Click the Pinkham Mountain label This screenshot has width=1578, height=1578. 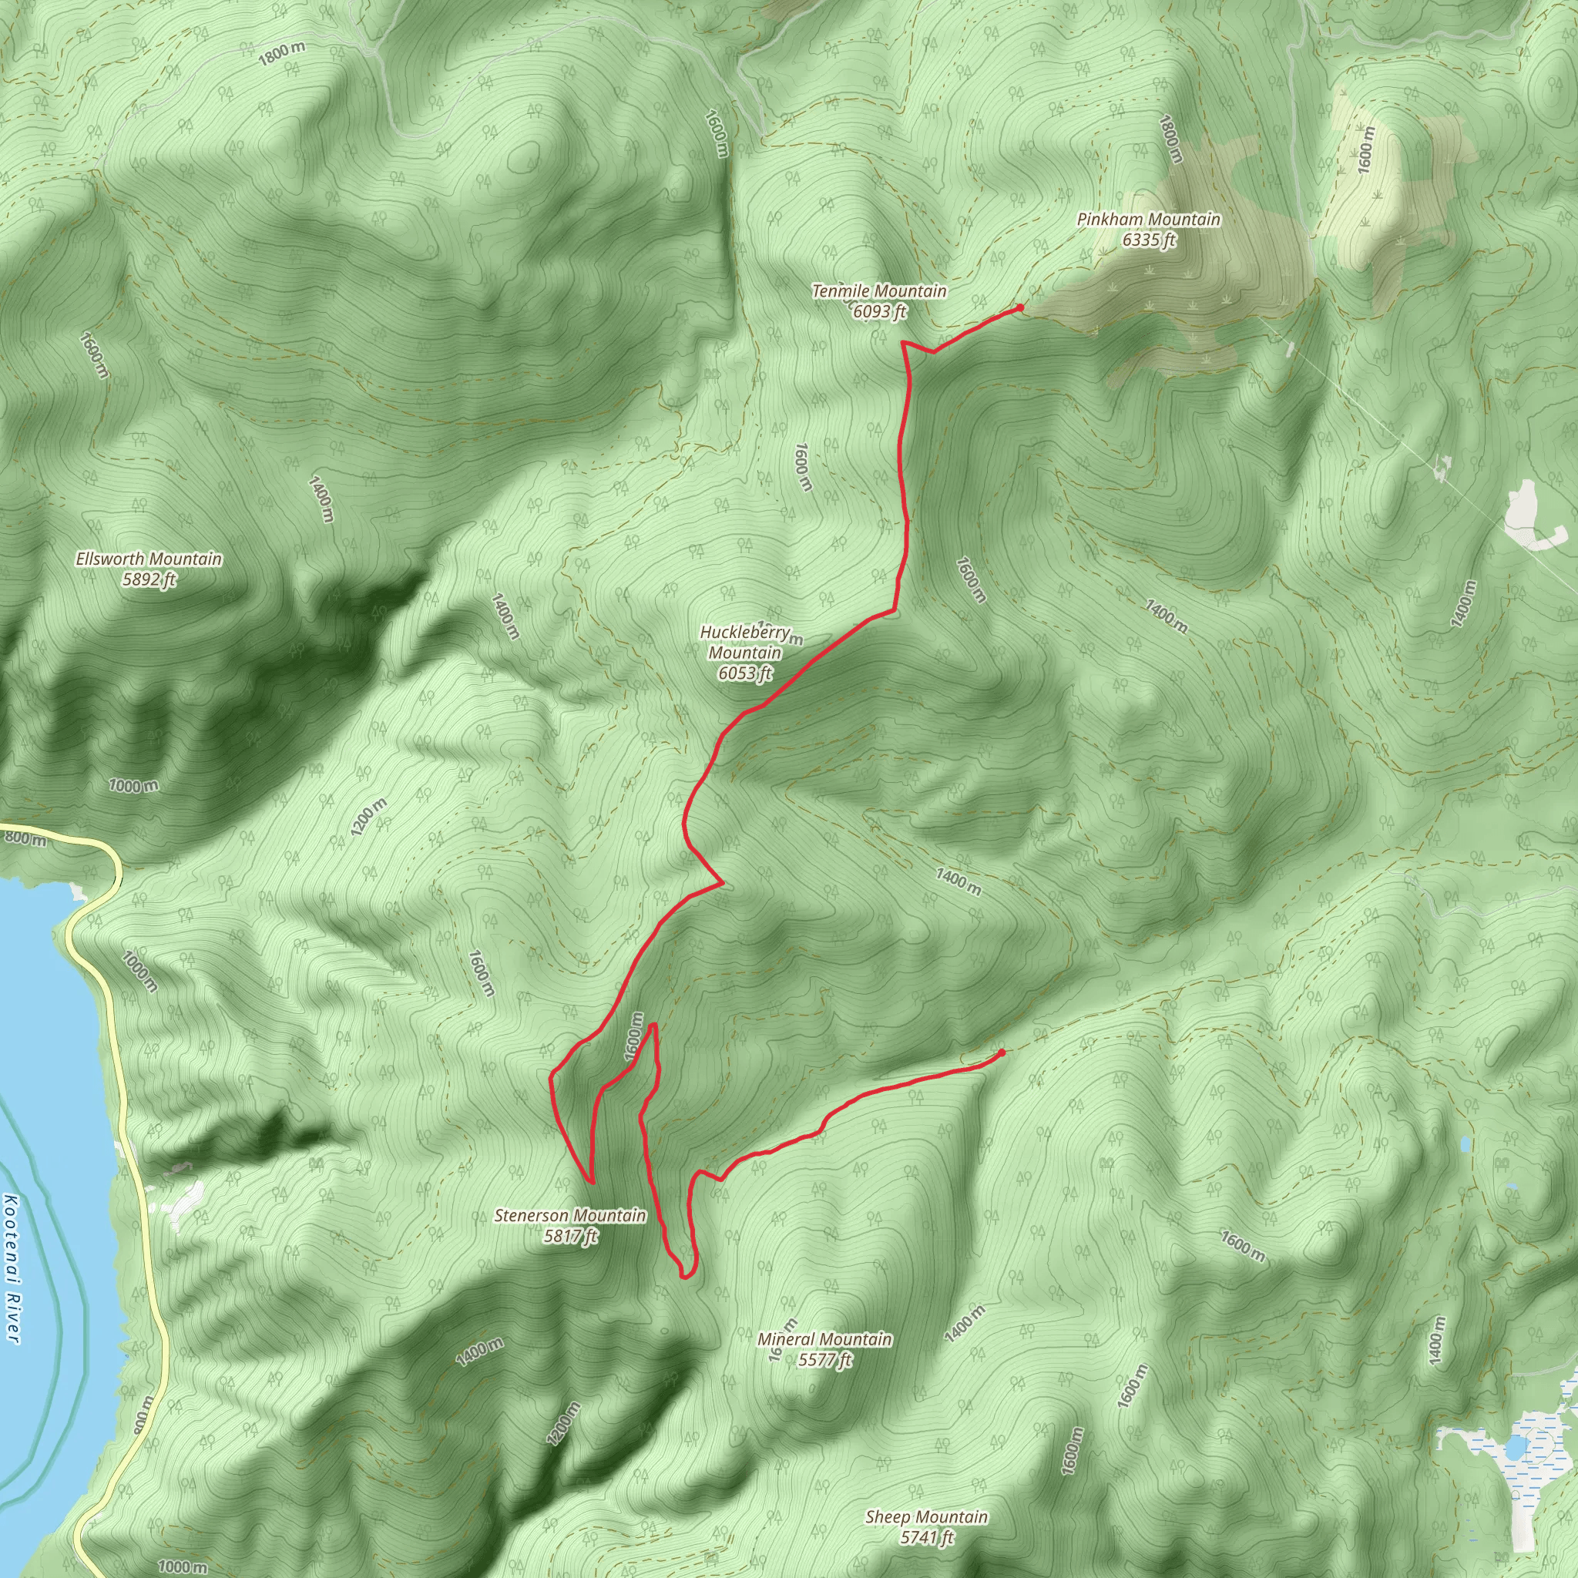[x=1148, y=219]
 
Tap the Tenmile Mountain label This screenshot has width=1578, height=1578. [x=879, y=290]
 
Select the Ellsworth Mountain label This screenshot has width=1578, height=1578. [x=149, y=559]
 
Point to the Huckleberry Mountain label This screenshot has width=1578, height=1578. [x=745, y=642]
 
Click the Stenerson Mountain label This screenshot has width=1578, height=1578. [x=570, y=1215]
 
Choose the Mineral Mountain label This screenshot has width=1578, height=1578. [x=825, y=1338]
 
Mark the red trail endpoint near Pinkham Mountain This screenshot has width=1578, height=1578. [x=1019, y=308]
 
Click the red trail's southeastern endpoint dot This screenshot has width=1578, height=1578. [x=1002, y=1052]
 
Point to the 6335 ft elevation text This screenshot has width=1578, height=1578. [x=1148, y=240]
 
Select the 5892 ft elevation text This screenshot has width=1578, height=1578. [x=149, y=580]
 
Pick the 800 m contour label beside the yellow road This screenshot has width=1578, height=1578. [x=25, y=838]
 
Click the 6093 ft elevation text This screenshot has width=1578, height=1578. [x=879, y=312]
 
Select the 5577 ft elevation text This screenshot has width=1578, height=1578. [x=825, y=1360]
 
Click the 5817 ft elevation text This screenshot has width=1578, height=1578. [x=570, y=1237]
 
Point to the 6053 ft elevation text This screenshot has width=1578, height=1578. [x=745, y=674]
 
